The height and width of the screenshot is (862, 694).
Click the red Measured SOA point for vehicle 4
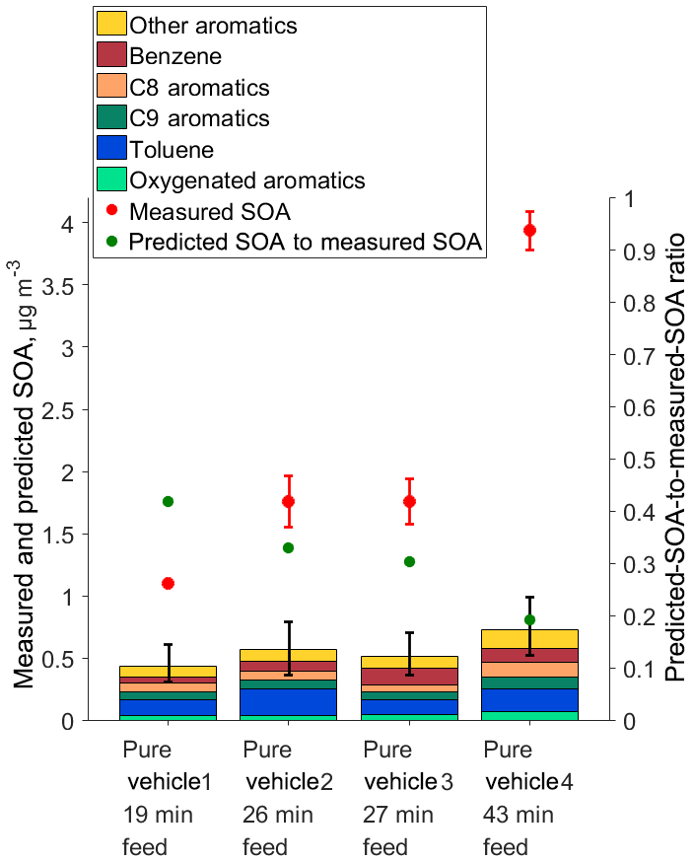[529, 230]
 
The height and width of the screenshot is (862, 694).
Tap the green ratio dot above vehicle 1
[168, 501]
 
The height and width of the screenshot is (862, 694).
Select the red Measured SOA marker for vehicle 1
[168, 583]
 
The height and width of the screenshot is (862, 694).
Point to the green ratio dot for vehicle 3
[409, 561]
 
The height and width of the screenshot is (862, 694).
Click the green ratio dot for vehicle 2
[289, 547]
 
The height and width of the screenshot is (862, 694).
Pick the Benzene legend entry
[182, 55]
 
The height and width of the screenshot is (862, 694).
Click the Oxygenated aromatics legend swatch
[112, 180]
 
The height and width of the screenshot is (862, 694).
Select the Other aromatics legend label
[213, 24]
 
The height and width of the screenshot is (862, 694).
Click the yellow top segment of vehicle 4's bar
[529, 638]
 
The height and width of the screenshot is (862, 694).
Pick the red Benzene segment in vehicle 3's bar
[409, 676]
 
